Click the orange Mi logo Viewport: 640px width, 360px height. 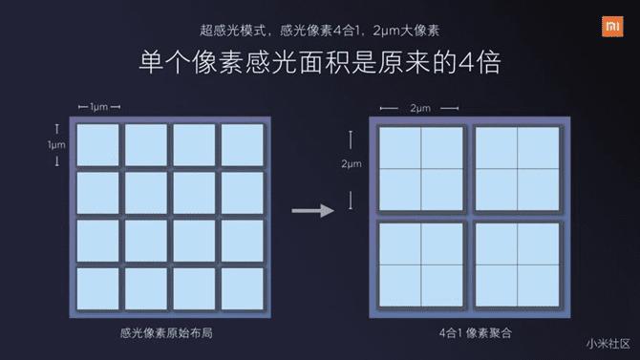(612, 27)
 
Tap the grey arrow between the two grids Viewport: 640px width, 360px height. (313, 211)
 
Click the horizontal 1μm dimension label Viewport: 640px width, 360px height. (99, 107)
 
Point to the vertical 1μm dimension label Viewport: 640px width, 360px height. (56, 145)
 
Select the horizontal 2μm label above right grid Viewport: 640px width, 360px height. (420, 108)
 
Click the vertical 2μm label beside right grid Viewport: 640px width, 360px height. (351, 163)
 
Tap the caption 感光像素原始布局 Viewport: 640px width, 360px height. (166, 333)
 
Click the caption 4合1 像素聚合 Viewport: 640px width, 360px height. (476, 333)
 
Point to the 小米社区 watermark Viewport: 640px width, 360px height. (608, 344)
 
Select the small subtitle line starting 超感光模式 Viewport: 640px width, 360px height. (319, 31)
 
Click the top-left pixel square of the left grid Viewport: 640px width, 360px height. (97, 145)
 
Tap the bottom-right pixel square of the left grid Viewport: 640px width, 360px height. (242, 289)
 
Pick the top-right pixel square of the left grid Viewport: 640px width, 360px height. (242, 145)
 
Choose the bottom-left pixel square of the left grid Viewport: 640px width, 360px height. (97, 289)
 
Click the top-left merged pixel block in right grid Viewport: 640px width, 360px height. (421, 169)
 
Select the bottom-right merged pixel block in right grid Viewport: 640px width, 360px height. (517, 265)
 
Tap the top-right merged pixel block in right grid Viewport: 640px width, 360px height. (517, 169)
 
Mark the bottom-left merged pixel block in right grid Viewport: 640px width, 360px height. (421, 265)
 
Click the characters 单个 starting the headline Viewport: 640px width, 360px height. (165, 63)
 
